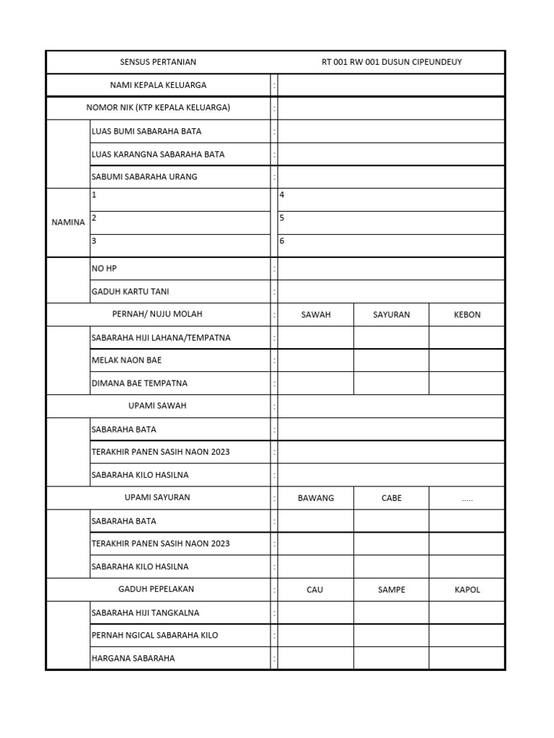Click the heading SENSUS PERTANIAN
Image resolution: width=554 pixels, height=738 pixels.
point(158,62)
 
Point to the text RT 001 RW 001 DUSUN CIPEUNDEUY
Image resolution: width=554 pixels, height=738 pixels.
point(391,62)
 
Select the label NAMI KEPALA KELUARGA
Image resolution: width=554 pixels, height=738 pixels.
point(158,85)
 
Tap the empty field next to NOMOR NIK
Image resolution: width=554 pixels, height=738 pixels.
point(390,108)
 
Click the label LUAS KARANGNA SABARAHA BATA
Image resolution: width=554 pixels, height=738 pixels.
point(158,154)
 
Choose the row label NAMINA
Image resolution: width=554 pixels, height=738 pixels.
point(68,223)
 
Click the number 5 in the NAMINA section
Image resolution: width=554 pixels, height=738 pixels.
point(282,218)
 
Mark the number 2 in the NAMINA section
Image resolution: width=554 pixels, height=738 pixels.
point(94,218)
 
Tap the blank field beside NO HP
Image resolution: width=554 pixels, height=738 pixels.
point(390,269)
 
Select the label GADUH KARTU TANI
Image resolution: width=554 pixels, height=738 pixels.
point(131,292)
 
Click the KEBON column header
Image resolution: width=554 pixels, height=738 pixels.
point(467,315)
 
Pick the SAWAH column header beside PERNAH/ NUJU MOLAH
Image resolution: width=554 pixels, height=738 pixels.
point(315,315)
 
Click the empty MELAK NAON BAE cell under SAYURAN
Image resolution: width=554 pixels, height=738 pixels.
point(391,360)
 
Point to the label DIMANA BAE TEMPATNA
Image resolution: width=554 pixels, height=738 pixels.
point(139,383)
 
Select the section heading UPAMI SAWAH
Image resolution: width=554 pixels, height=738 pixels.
point(157,406)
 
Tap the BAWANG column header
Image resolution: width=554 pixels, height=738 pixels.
point(315,498)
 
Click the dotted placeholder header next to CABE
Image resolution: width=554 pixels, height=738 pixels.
point(467,498)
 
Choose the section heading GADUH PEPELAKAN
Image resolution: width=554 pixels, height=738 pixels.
point(156,590)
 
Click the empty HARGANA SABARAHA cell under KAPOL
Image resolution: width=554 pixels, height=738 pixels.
point(467,658)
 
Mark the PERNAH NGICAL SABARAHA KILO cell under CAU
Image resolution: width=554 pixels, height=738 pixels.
point(315,636)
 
